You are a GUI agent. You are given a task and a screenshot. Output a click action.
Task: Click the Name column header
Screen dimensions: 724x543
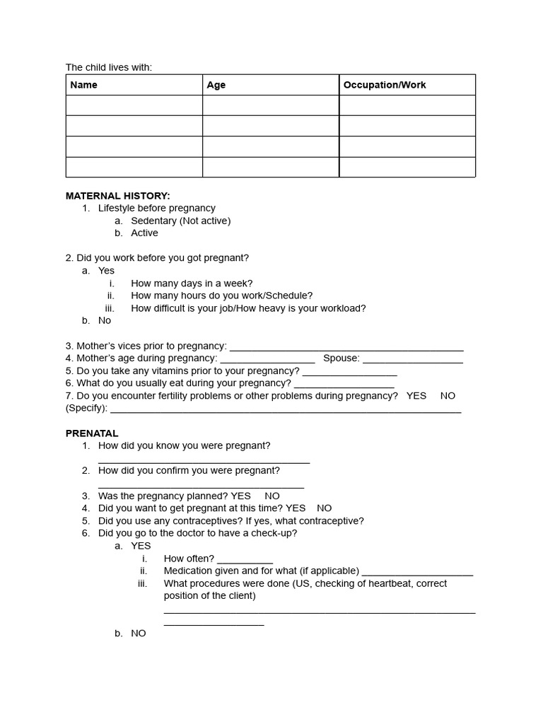pos(84,85)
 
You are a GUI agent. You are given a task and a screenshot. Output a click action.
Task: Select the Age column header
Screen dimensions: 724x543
pos(216,85)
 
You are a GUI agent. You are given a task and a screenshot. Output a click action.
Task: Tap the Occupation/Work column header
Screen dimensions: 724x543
pos(385,85)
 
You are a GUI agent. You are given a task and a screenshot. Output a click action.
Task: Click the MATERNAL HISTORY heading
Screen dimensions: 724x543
pos(117,196)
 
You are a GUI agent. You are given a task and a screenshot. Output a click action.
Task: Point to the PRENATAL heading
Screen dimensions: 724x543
pos(92,433)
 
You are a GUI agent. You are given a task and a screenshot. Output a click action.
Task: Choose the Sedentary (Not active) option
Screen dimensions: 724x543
pos(180,221)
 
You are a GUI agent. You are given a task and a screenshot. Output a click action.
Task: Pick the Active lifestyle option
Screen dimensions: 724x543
pos(144,233)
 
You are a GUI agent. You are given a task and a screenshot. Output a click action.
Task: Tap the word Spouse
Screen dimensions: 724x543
pos(340,358)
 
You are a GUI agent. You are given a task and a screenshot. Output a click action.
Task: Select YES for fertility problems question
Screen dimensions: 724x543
pos(416,396)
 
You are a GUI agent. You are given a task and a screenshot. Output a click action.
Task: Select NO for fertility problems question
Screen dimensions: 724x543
pos(448,396)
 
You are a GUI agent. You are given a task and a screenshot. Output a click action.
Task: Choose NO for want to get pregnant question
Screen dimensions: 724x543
pos(324,508)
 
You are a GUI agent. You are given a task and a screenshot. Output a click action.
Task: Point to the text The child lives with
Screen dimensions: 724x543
pos(109,67)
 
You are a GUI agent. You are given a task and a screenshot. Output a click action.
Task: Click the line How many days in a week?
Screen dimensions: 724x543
pos(192,284)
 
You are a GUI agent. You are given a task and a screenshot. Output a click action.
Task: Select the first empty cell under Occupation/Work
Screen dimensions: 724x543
pos(407,105)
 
